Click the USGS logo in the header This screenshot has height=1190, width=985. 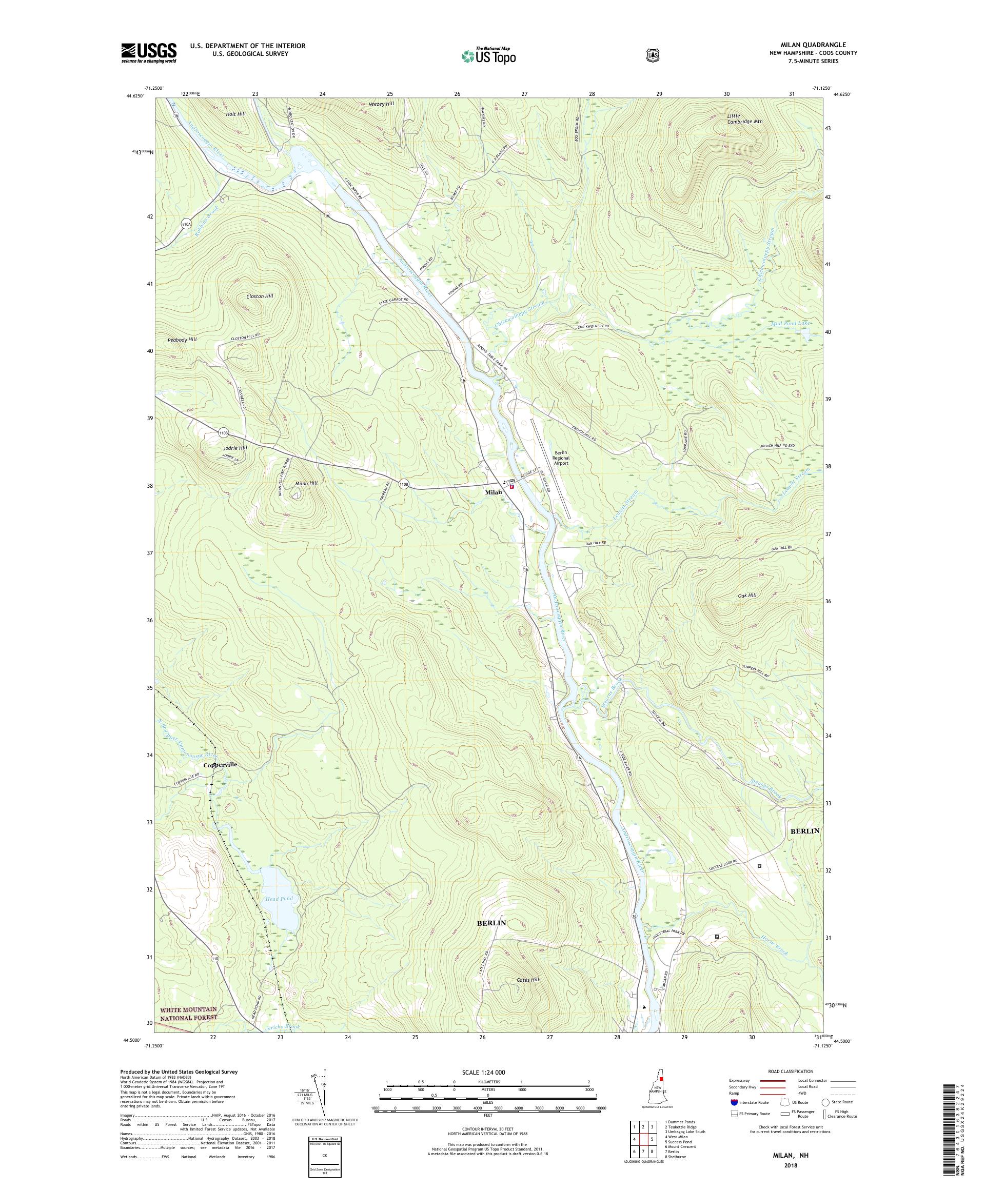tap(148, 53)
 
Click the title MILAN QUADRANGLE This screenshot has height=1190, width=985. tap(819, 45)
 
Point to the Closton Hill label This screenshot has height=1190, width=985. tap(260, 296)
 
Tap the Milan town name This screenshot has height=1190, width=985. tap(493, 492)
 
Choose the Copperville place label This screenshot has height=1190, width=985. tap(220, 764)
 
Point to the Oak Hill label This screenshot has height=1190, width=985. tap(747, 596)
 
